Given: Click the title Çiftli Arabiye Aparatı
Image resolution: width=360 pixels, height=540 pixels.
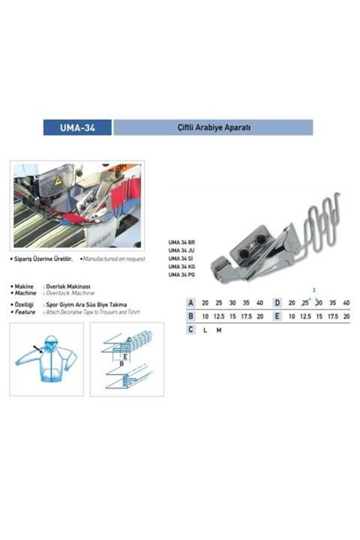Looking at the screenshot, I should [x=213, y=127].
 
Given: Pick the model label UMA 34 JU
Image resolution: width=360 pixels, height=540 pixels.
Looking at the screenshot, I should [x=181, y=251].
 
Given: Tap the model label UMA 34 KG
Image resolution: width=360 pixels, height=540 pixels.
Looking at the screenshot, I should [x=181, y=267].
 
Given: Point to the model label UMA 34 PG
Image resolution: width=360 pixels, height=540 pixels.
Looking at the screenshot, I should [x=181, y=275].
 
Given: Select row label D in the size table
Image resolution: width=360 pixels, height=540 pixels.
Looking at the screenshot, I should [x=277, y=303].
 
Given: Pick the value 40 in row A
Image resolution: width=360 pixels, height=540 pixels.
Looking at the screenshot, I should [x=259, y=303].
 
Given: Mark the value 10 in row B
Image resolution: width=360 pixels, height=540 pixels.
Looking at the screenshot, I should [x=205, y=316].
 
